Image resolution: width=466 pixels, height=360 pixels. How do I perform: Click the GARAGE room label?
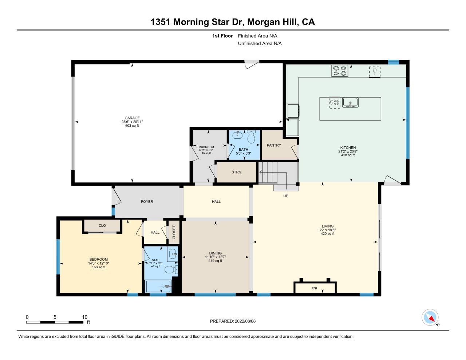(132, 118)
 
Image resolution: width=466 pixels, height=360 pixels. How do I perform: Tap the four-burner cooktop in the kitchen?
(340, 71)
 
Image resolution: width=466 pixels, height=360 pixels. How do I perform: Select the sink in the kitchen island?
(350, 103)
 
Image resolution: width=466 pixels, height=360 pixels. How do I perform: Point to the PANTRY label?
(274, 145)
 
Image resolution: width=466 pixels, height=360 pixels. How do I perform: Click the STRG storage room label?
(236, 172)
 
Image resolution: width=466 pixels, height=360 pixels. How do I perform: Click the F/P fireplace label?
(314, 289)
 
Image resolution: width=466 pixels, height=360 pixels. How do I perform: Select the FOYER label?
(147, 202)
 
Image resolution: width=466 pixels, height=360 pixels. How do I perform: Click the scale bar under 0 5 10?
(55, 322)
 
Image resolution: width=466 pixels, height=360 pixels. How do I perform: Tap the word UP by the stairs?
(286, 196)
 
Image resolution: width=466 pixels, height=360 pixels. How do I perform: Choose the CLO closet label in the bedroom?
(102, 226)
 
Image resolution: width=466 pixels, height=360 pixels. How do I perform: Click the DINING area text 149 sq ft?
(215, 261)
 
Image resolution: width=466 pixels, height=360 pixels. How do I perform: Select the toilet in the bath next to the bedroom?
(172, 270)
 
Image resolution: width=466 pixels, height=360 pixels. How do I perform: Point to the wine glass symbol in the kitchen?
(375, 71)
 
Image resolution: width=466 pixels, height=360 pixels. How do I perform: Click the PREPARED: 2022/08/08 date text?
(233, 321)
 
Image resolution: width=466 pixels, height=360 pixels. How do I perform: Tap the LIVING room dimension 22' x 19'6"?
(327, 230)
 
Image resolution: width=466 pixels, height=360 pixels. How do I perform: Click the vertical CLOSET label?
(174, 232)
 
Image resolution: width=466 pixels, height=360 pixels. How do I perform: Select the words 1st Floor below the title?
(222, 36)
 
